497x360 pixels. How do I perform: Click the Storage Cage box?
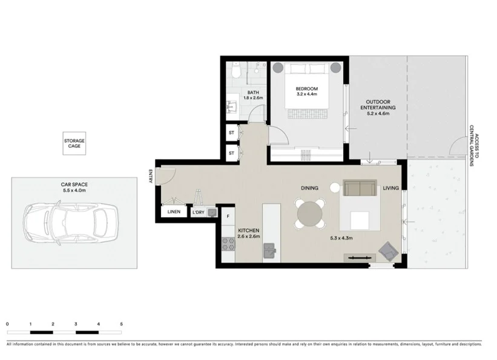click(x=74, y=143)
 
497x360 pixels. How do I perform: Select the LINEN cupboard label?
click(x=174, y=212)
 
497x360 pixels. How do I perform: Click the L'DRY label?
click(x=197, y=212)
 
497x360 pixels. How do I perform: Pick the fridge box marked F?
click(x=228, y=216)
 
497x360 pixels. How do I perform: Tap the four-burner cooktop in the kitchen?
click(x=229, y=244)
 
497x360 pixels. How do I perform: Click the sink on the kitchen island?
click(x=269, y=249)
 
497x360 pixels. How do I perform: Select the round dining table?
click(x=311, y=214)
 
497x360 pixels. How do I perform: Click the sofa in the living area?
click(x=360, y=188)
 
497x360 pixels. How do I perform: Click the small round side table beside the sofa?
click(x=335, y=188)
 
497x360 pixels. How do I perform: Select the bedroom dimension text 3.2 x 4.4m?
click(x=307, y=94)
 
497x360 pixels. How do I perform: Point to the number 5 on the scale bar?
click(x=122, y=324)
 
